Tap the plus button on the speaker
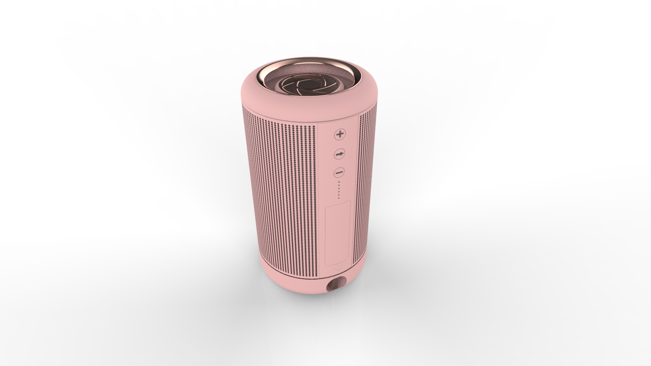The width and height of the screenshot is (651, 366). (x=339, y=134)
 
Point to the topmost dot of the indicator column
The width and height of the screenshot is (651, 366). (x=339, y=182)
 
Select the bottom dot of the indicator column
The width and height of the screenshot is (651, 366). (x=338, y=198)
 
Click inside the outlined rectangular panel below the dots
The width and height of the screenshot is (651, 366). (x=338, y=234)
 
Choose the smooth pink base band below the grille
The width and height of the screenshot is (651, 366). (x=288, y=285)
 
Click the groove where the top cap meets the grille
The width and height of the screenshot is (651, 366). (x=288, y=119)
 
